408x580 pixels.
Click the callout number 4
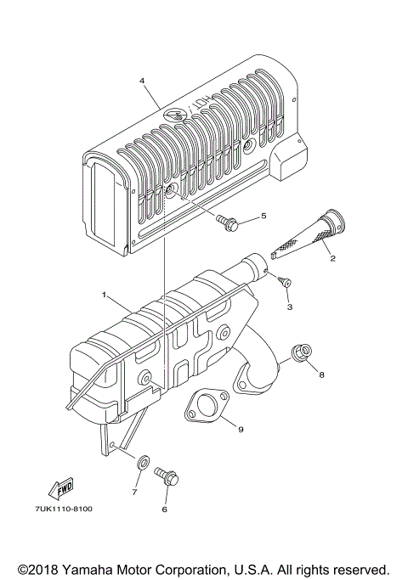coord(143,81)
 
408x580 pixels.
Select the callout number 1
coord(104,295)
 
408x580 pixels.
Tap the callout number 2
coord(334,257)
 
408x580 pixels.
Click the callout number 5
coord(263,216)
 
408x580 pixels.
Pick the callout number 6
coord(164,510)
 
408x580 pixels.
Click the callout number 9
coord(241,430)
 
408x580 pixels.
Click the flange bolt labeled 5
coord(228,224)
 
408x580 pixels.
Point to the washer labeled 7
coord(144,461)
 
